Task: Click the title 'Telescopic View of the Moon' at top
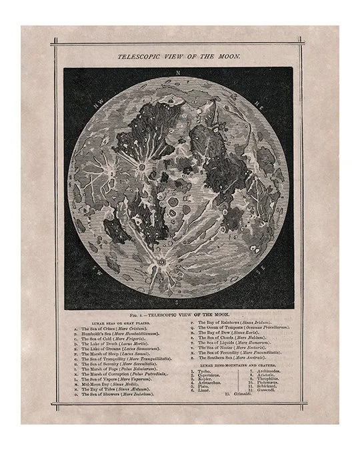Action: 179,58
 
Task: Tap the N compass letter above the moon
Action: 178,72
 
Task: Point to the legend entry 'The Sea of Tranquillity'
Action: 127,359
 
